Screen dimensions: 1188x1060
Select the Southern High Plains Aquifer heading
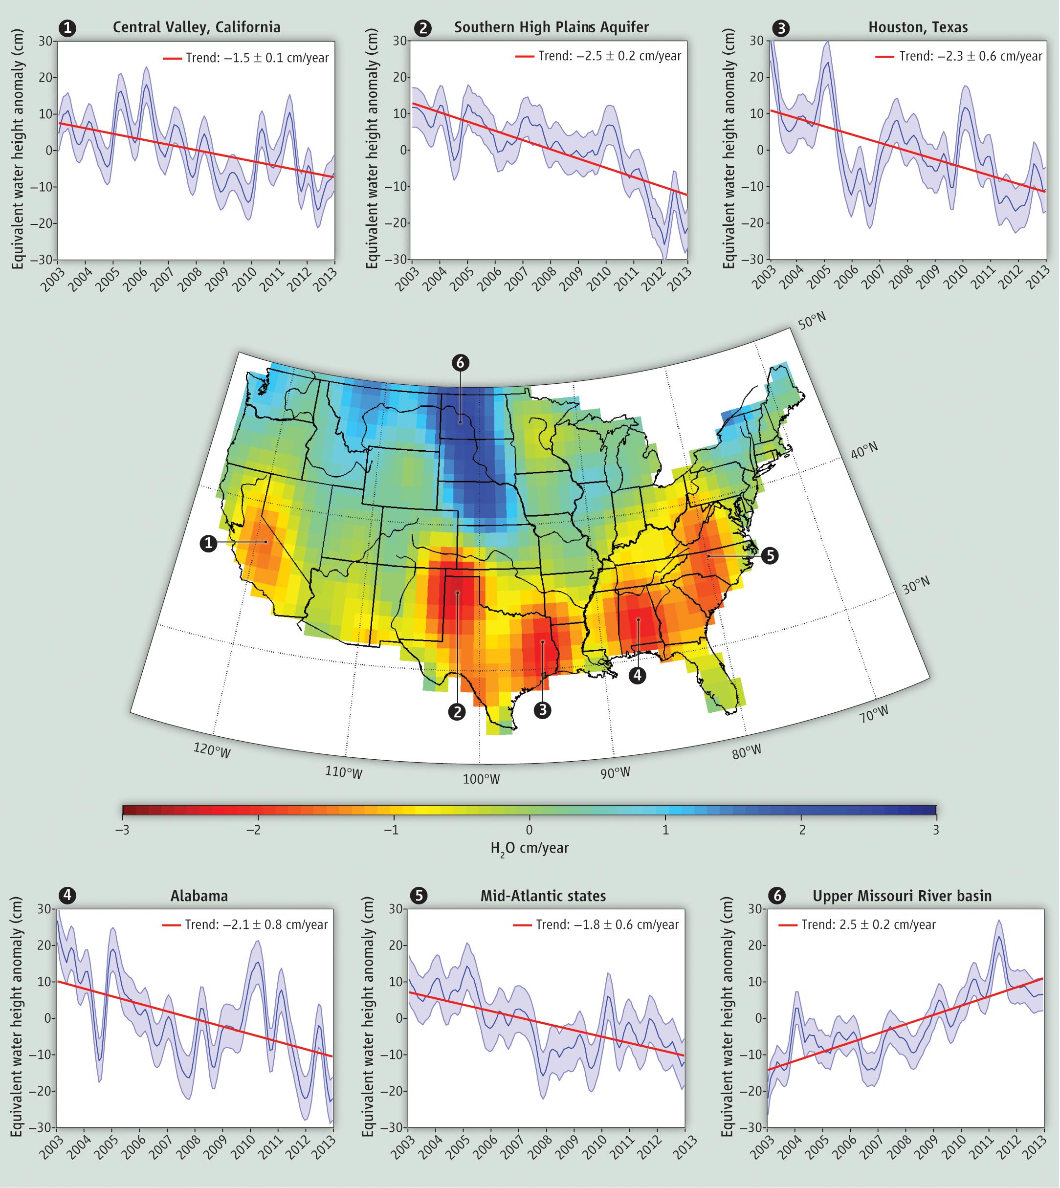(551, 27)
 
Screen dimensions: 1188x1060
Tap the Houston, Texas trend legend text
(970, 57)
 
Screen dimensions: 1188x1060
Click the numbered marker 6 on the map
(460, 363)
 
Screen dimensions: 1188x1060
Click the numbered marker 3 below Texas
(542, 710)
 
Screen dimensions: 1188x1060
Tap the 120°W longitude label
(212, 751)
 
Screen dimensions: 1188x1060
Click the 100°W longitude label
(481, 779)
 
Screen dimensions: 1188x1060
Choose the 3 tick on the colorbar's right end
(935, 830)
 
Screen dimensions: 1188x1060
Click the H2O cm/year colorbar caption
(530, 848)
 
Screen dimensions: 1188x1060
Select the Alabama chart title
(199, 896)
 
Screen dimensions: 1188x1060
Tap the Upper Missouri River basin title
(902, 896)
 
